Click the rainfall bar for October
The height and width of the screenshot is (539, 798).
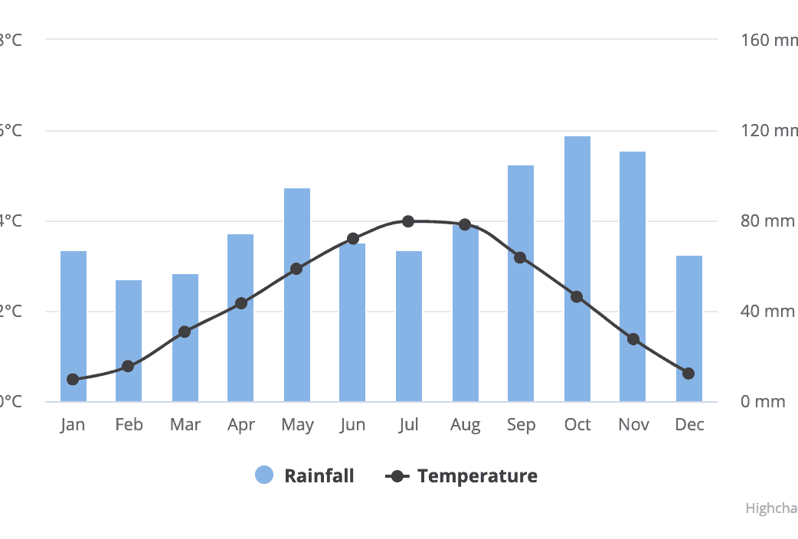click(577, 269)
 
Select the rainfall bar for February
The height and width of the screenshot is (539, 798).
click(129, 341)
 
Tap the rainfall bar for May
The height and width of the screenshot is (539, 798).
click(297, 295)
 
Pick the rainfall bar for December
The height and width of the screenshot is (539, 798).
click(688, 328)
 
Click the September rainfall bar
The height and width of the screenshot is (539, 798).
click(521, 283)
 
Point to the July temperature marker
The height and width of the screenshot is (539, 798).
click(408, 221)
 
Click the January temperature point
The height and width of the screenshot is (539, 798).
click(73, 379)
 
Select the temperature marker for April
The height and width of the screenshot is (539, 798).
click(241, 303)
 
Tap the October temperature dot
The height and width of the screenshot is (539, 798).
click(577, 296)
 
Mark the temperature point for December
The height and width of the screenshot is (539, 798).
click(688, 374)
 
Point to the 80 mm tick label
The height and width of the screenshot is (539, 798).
click(767, 221)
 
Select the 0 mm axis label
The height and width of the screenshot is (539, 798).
click(764, 402)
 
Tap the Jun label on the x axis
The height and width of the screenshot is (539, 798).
click(352, 425)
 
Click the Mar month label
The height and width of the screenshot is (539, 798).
click(185, 425)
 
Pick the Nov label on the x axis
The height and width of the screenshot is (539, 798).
click(633, 425)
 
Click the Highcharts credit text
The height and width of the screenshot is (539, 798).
click(771, 508)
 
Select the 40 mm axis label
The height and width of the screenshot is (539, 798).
click(767, 312)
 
